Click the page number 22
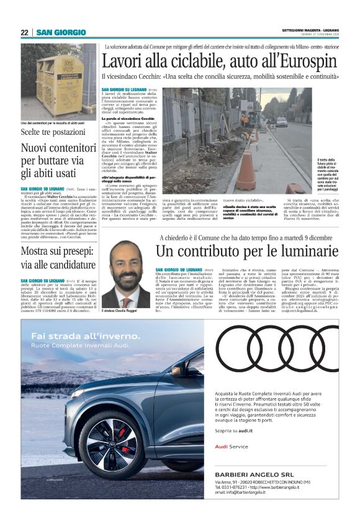[24, 32]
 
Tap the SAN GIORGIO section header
[61, 32]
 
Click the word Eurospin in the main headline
[310, 61]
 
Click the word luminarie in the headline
[308, 252]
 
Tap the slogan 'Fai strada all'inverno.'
[79, 337]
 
